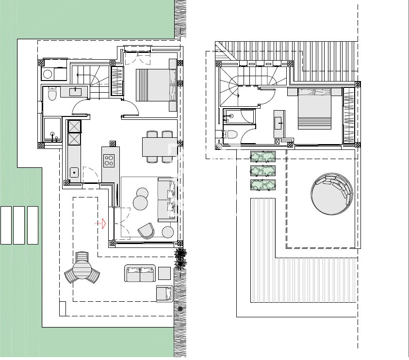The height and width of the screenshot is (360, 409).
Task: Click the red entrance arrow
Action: pos(100,223)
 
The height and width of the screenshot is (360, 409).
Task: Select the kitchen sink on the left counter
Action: pos(74,172)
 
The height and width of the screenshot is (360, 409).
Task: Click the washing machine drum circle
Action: pos(48,74)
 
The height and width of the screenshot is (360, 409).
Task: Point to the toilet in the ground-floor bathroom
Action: pos(52,94)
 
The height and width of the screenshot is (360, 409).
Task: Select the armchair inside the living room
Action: pos(146,230)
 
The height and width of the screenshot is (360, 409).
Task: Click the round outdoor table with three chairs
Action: pos(82,269)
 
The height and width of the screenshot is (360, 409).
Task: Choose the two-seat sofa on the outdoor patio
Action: pos(140,274)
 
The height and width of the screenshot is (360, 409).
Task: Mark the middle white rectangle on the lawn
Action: pos(19,225)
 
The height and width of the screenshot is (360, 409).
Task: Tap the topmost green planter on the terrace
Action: pos(263,156)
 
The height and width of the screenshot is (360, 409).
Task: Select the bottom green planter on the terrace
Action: pos(262,185)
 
